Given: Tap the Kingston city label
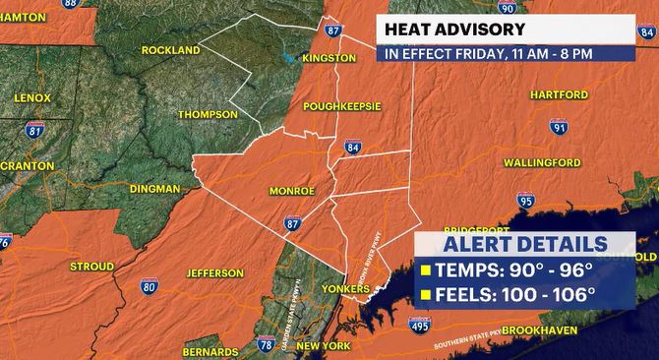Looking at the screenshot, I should (x=329, y=58).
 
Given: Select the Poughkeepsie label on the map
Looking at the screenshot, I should (x=341, y=105).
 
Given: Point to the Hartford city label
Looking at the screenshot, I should (x=559, y=95).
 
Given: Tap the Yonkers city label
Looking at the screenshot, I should (x=347, y=289).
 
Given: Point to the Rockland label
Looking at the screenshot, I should (x=171, y=49).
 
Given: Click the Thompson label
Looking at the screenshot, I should (x=208, y=114).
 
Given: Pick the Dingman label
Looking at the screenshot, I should (x=153, y=188).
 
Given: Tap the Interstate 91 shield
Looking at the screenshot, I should (x=559, y=128).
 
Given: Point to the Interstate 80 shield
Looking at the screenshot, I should (x=149, y=286).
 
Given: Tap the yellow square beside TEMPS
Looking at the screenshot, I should (x=426, y=270).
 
